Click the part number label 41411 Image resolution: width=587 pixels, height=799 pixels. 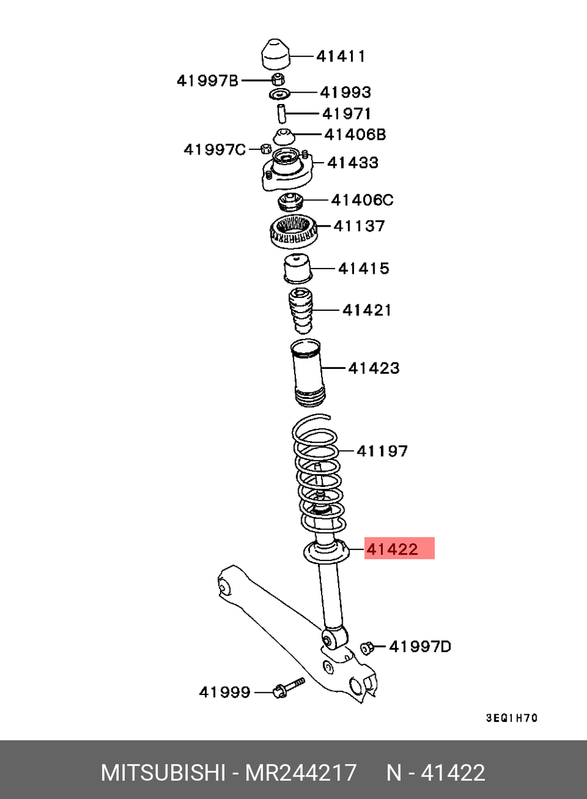340,56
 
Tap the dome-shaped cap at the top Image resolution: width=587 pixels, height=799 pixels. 275,55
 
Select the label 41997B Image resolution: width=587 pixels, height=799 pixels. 208,80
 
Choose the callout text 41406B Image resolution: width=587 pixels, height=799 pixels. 355,135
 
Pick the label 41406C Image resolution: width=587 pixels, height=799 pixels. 362,200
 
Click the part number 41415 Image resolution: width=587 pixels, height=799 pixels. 364,268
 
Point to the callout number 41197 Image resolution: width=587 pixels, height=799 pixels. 382,451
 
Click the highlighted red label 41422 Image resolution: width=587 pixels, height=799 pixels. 393,549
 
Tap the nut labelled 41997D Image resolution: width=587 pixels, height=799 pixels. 367,647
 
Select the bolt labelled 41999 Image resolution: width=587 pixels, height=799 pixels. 288,688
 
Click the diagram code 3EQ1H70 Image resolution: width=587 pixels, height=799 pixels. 511,718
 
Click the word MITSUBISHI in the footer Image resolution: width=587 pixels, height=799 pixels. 163,772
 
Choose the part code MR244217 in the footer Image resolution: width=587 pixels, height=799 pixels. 301,772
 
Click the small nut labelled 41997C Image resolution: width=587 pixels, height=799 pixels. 265,149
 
